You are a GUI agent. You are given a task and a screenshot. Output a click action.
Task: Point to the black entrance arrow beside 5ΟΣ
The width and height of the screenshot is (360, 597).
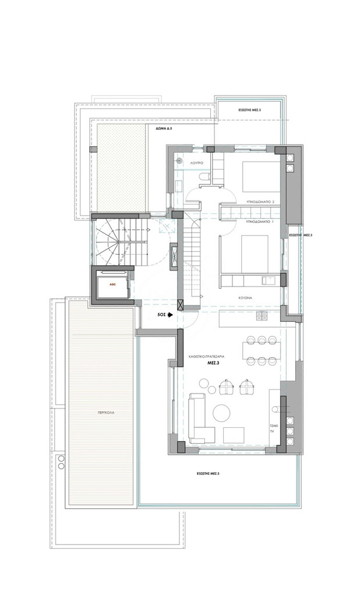(170, 315)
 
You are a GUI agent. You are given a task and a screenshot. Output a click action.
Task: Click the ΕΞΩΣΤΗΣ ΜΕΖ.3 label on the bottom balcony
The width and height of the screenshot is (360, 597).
(208, 473)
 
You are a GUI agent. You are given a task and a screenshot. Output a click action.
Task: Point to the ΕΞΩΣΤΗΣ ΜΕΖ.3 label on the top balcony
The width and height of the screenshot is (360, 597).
(250, 109)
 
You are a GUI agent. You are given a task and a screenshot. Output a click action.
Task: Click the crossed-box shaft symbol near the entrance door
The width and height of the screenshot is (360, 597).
(181, 304)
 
